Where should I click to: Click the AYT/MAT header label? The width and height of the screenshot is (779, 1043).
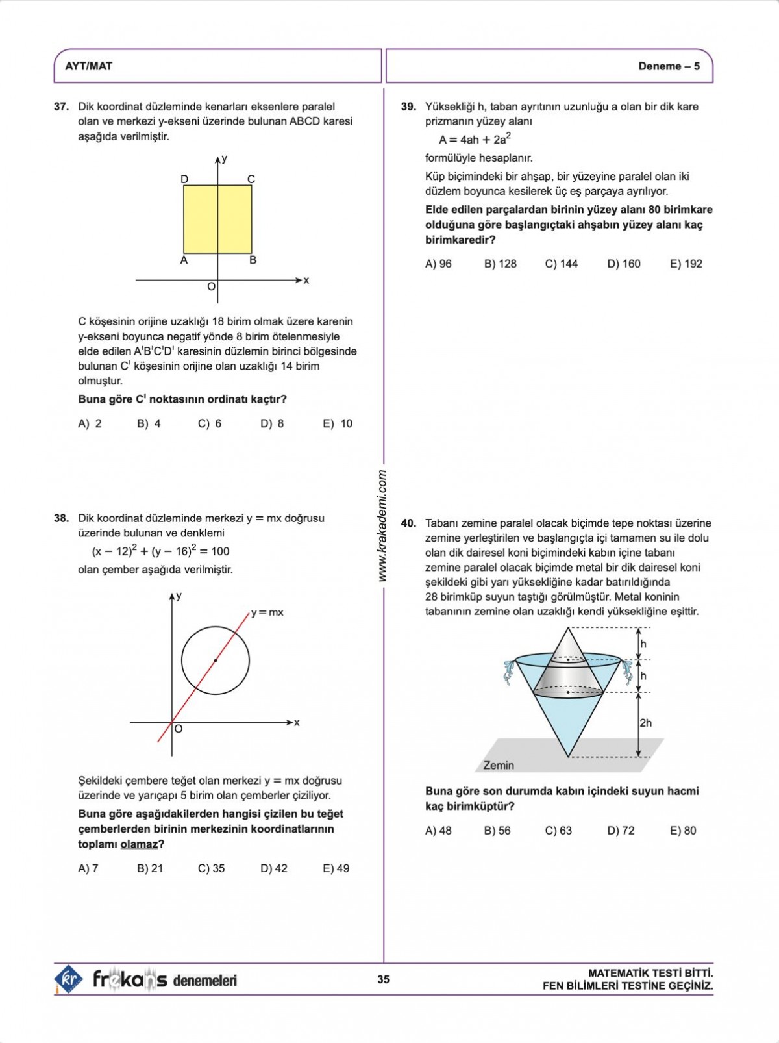(x=89, y=66)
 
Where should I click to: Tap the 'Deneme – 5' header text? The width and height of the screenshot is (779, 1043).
(x=669, y=66)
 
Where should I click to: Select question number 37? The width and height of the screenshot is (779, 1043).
(x=61, y=107)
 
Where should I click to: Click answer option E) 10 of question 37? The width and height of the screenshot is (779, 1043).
(x=338, y=423)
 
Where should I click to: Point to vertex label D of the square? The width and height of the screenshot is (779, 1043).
(x=184, y=179)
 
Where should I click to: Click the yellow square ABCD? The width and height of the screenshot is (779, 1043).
(x=217, y=220)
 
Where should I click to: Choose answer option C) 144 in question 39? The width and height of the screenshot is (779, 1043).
(x=561, y=264)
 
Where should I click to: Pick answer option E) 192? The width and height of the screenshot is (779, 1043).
(x=686, y=264)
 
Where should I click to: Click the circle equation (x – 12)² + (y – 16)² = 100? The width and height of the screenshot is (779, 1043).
(x=160, y=551)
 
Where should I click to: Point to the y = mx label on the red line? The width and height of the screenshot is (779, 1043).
(x=267, y=612)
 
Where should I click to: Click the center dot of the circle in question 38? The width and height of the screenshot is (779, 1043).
(x=216, y=660)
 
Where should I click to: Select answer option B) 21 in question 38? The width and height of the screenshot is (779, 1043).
(x=150, y=868)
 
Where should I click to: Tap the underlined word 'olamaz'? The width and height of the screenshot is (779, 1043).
(x=139, y=844)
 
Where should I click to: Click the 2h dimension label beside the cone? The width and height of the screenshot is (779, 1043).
(x=645, y=723)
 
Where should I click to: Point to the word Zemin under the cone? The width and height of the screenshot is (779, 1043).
(x=499, y=765)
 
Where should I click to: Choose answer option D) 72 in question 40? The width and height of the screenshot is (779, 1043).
(x=621, y=831)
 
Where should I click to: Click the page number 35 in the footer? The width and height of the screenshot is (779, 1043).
(x=384, y=979)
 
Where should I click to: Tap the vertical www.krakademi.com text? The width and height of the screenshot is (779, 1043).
(x=382, y=526)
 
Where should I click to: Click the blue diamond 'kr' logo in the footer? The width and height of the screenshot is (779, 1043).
(x=68, y=979)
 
